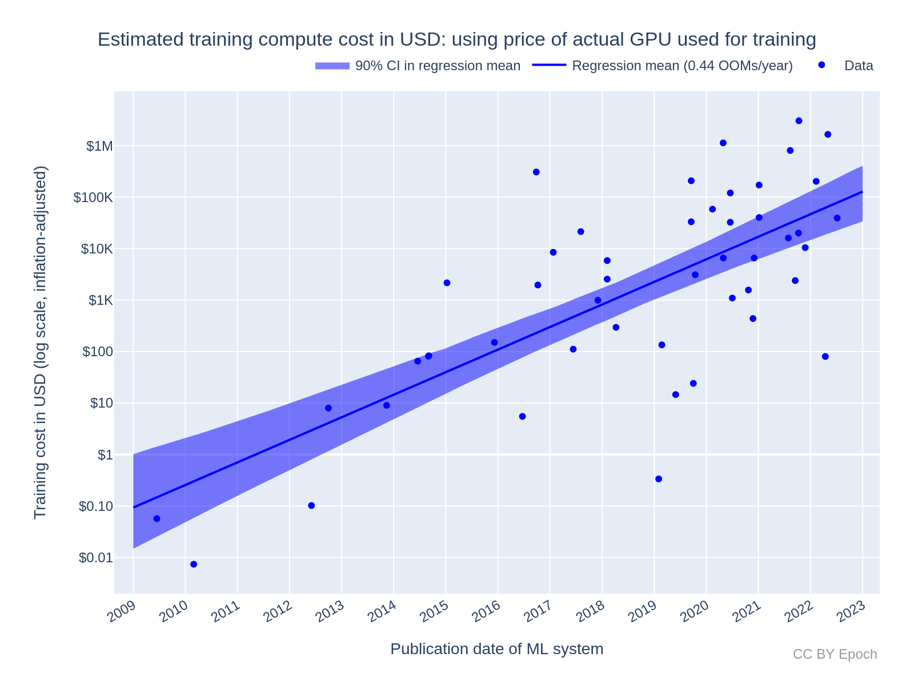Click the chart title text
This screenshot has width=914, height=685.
click(456, 39)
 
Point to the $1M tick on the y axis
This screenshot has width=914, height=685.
click(99, 146)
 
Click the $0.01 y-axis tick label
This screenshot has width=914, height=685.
click(95, 558)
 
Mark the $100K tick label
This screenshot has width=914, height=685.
click(93, 198)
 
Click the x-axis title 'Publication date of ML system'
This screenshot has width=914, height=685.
click(496, 649)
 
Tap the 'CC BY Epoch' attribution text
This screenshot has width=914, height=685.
click(835, 654)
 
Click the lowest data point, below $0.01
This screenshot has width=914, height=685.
click(194, 564)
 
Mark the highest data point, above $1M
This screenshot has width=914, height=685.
click(799, 120)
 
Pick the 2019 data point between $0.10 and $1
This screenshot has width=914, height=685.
click(659, 479)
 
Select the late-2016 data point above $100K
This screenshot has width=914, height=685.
click(536, 172)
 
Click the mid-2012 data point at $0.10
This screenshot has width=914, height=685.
click(311, 505)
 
